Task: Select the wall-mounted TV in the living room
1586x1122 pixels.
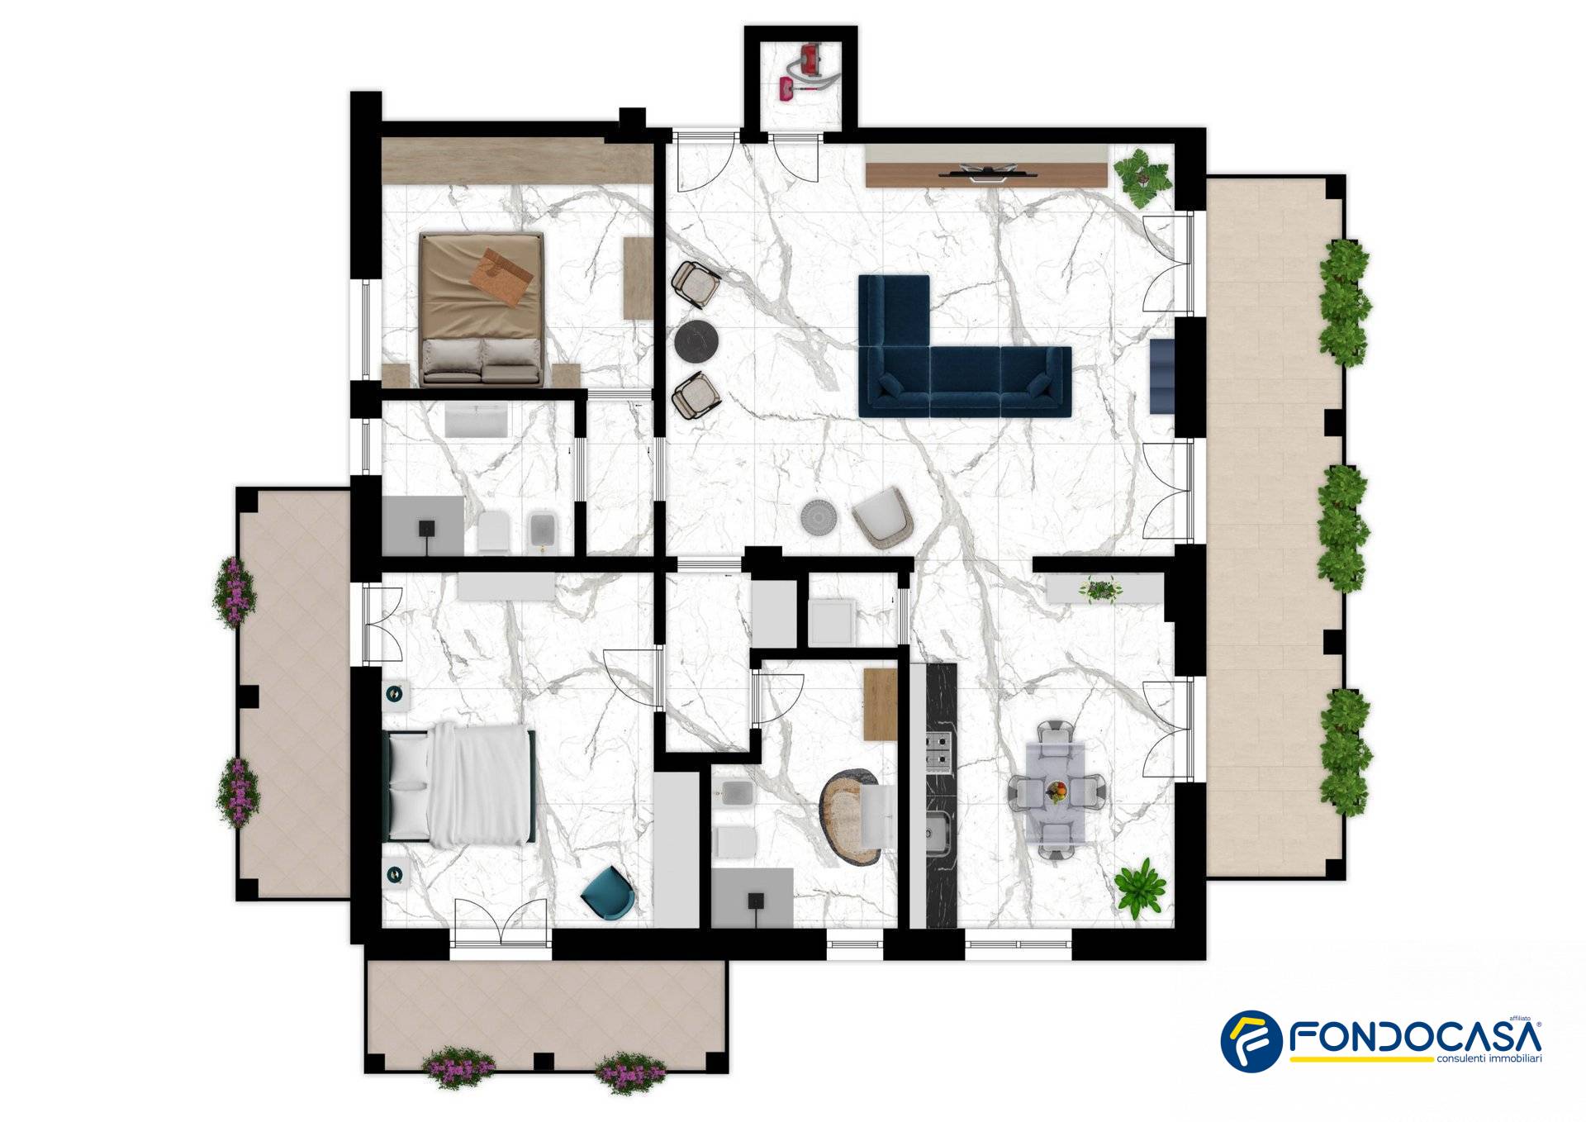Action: click(x=985, y=173)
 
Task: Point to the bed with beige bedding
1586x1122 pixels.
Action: click(x=482, y=309)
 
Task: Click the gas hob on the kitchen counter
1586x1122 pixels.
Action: click(x=940, y=751)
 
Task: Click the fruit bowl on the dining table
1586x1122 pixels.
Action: click(x=1057, y=791)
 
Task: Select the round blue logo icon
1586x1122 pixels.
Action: click(x=1251, y=1041)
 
